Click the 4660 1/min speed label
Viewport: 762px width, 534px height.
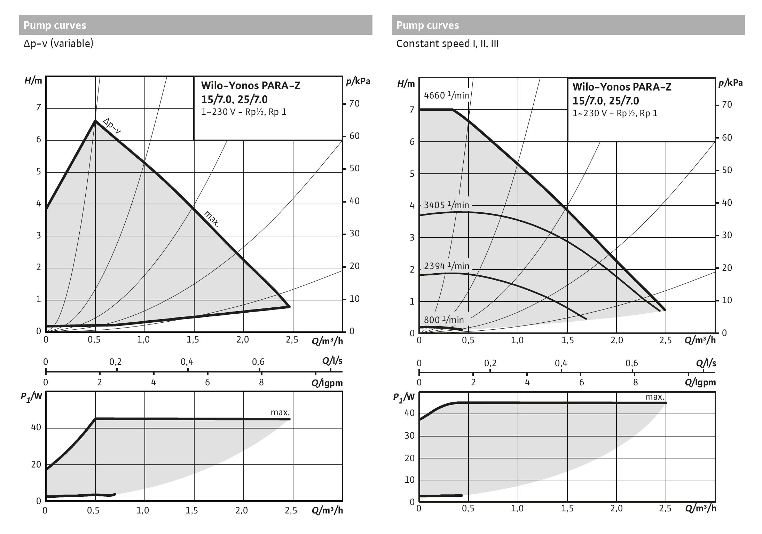point(446,95)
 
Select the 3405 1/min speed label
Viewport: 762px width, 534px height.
point(446,205)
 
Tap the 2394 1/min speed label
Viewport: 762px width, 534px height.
point(447,266)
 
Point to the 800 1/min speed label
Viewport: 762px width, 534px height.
point(443,320)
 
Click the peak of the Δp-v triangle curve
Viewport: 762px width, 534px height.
point(95,120)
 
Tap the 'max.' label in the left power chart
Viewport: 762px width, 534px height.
point(280,413)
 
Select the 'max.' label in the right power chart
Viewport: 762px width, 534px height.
point(655,397)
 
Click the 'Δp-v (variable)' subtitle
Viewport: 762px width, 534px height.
point(58,44)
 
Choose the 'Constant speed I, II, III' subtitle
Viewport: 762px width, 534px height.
point(447,44)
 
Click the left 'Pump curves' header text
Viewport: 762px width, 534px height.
point(55,25)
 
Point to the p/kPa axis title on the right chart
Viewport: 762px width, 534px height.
point(730,83)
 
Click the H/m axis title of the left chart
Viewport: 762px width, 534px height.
point(33,81)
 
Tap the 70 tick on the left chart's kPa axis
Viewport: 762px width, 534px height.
point(354,103)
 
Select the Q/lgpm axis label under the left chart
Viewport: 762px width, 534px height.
point(327,383)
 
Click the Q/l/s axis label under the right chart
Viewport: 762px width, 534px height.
point(706,363)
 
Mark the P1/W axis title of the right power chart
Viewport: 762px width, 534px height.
point(404,397)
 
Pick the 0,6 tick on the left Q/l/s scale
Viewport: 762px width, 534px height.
point(258,362)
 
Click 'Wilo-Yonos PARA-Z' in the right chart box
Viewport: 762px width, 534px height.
point(622,87)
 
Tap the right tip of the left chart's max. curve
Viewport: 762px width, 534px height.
point(289,306)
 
